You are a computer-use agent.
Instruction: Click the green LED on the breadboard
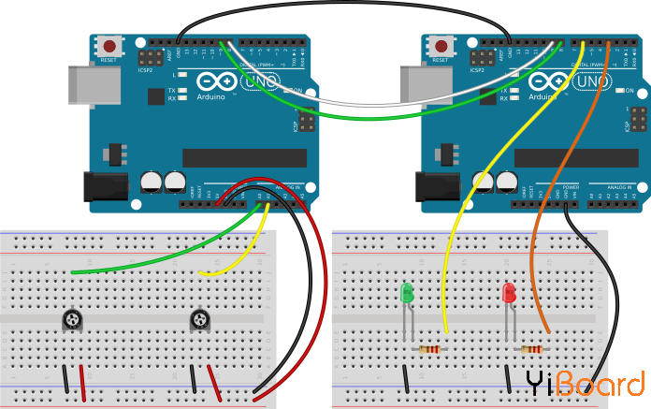point(407,293)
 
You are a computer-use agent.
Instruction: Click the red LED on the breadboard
point(510,293)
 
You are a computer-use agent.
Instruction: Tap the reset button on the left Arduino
point(110,45)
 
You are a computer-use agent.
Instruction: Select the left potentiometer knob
point(72,320)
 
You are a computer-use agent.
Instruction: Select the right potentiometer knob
point(200,320)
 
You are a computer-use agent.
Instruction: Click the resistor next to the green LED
point(430,350)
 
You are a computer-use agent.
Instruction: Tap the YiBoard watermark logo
point(584,384)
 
